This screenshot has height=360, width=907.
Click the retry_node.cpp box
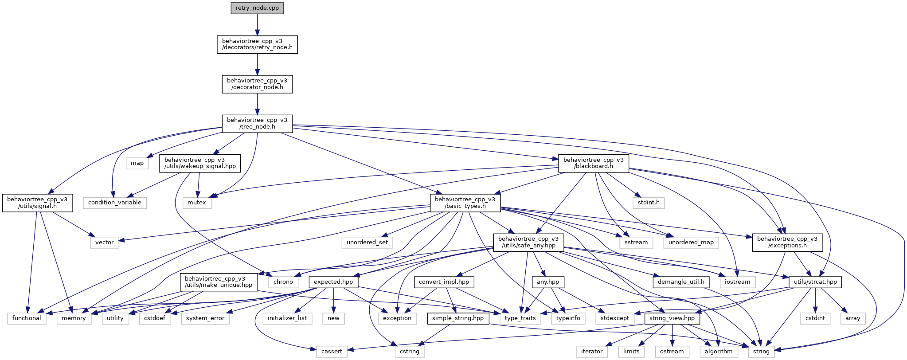(x=257, y=8)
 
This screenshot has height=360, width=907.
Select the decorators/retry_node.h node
(x=257, y=44)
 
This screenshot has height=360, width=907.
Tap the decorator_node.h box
(x=257, y=84)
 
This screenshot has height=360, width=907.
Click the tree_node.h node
(x=257, y=123)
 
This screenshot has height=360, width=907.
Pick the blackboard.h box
(x=594, y=163)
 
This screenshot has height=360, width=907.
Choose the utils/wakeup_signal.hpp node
(x=200, y=163)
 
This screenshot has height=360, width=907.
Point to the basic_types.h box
(x=465, y=203)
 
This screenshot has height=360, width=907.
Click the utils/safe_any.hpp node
(x=529, y=242)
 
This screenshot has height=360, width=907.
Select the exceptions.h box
(x=787, y=242)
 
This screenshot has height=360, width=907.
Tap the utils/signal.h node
(x=37, y=203)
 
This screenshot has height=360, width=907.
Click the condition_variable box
(x=114, y=203)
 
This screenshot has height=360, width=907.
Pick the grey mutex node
(x=197, y=203)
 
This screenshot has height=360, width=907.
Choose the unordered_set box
(x=367, y=242)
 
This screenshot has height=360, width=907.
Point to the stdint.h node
(x=648, y=203)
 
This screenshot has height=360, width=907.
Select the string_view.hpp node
(x=672, y=318)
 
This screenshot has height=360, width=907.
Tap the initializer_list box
(x=287, y=318)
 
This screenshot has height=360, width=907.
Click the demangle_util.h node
(x=681, y=282)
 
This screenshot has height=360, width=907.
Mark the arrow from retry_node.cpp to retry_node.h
(x=257, y=25)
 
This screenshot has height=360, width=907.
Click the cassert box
(x=332, y=352)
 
